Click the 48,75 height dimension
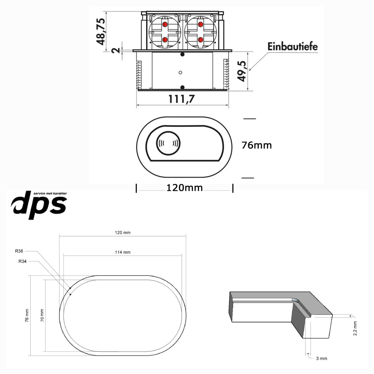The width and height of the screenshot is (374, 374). pyautogui.click(x=101, y=31)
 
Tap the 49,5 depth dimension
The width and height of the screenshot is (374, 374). pyautogui.click(x=242, y=71)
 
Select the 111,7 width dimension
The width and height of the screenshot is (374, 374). pyautogui.click(x=181, y=99)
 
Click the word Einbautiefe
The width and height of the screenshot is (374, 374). pyautogui.click(x=292, y=46)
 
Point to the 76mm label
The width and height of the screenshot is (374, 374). pyautogui.click(x=257, y=145)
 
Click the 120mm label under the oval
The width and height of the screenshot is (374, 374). pyautogui.click(x=184, y=188)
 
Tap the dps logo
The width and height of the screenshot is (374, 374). pyautogui.click(x=39, y=205)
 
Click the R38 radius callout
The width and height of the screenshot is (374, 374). pyautogui.click(x=19, y=251)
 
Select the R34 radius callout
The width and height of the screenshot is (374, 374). pyautogui.click(x=22, y=261)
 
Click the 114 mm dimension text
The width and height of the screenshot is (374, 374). pyautogui.click(x=123, y=252)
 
